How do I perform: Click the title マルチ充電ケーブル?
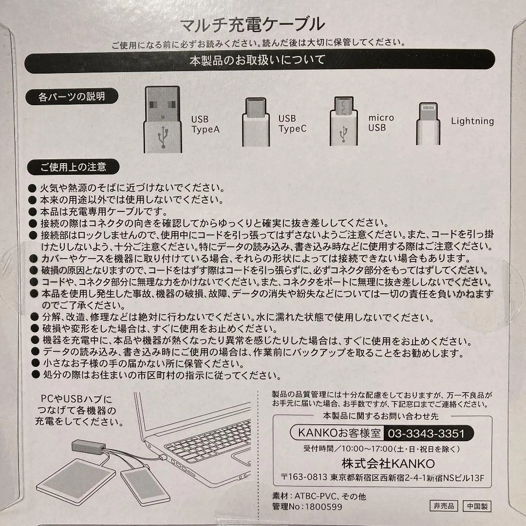tap(252, 24)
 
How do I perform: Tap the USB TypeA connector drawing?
tap(163, 119)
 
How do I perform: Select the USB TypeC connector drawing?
tap(256, 122)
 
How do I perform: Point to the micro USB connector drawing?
tap(343, 121)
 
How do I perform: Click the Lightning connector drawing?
tap(428, 123)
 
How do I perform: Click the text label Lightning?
tap(472, 121)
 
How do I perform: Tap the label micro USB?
tap(381, 123)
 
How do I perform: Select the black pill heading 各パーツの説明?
tap(72, 96)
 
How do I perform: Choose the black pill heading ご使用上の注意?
tap(73, 167)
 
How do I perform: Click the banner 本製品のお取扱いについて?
tap(260, 61)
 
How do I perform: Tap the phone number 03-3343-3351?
tap(426, 433)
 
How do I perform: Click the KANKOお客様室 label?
tap(339, 433)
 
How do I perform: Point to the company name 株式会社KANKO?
tap(388, 464)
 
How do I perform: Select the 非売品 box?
tap(444, 506)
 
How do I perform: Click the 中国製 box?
tap(477, 506)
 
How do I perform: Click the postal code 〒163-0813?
tap(304, 477)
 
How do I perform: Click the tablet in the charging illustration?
tap(76, 481)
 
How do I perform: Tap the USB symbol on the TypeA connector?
tap(163, 136)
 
